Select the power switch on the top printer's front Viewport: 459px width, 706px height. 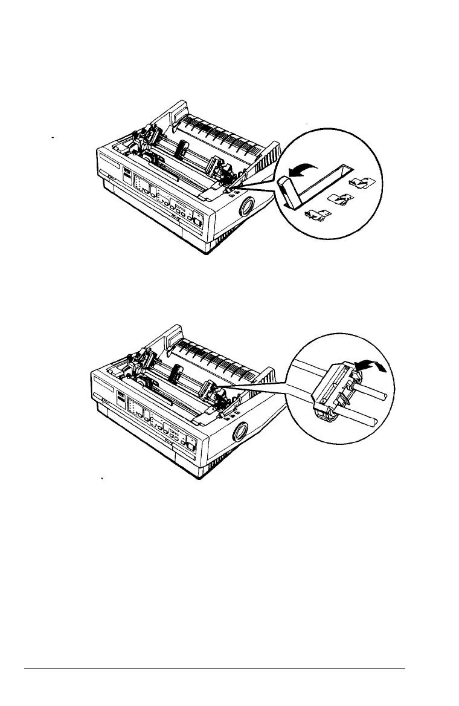[197, 222]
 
